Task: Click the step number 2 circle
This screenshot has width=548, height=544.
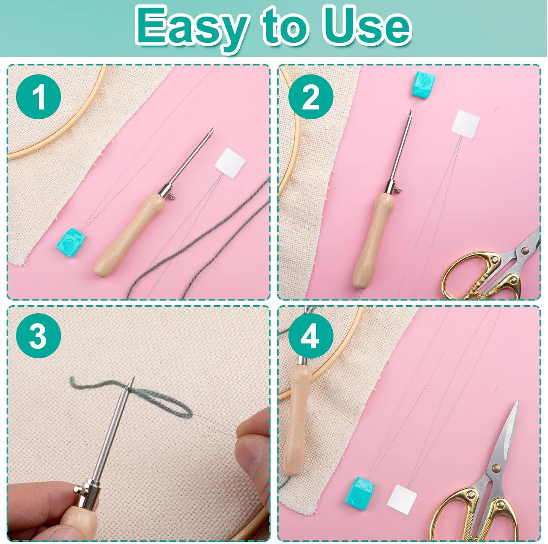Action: (311, 97)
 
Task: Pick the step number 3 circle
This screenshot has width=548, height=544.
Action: (38, 336)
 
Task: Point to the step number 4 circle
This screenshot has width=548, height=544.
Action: (311, 336)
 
